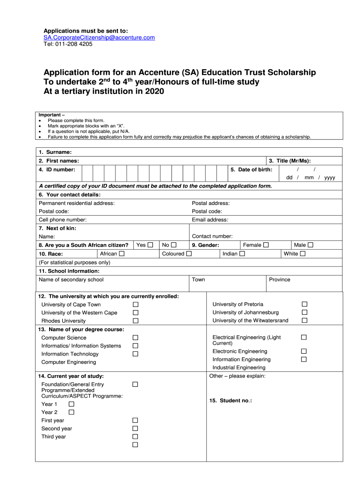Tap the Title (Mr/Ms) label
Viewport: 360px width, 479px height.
pos(293,160)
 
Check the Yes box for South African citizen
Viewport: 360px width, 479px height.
pos(150,245)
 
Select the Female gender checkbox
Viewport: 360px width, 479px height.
pos(266,245)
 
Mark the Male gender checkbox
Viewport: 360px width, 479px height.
pos(310,245)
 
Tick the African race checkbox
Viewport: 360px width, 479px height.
pos(122,254)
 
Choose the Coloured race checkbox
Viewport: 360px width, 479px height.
pos(189,254)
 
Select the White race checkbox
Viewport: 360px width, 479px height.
pos(302,254)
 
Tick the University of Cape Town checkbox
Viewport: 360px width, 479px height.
pos(136,305)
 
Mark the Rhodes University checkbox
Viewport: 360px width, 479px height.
pos(136,321)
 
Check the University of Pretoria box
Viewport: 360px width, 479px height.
pos(304,304)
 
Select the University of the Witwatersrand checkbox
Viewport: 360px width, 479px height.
pos(304,320)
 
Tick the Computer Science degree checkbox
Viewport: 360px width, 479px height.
pos(136,337)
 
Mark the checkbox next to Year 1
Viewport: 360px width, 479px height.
pos(72,404)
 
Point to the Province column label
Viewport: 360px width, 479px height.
pos(280,279)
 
